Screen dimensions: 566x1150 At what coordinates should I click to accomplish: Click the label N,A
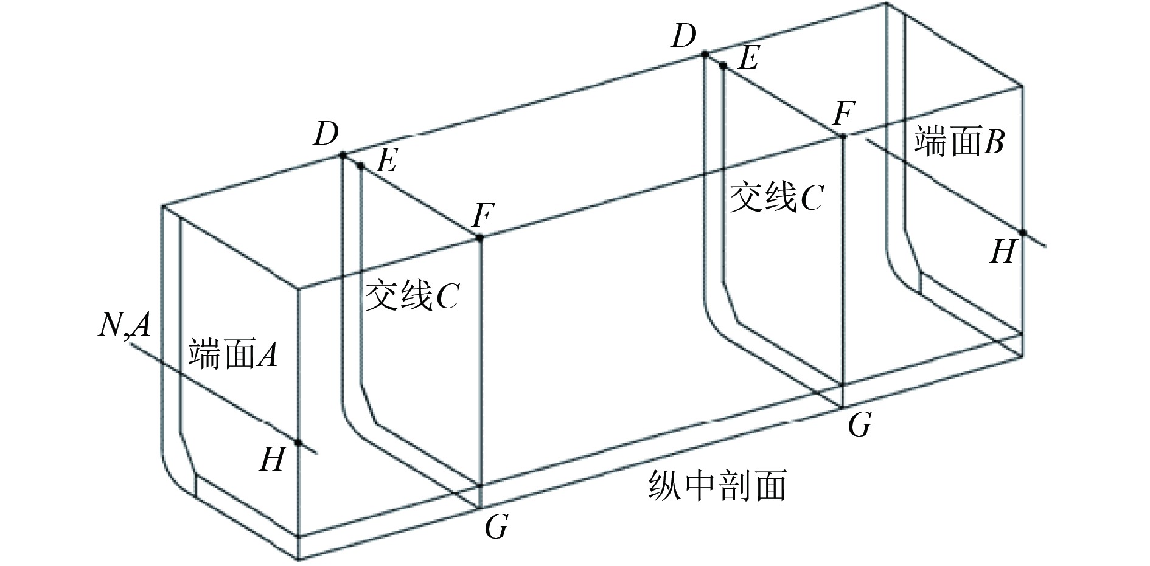pos(124,326)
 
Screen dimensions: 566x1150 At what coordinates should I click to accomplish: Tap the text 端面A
pos(233,354)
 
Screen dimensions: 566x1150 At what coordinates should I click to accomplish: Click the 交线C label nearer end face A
pos(411,296)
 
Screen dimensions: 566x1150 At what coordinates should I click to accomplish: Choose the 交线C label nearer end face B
pos(776,198)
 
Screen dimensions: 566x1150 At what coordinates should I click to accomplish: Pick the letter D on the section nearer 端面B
pos(684,36)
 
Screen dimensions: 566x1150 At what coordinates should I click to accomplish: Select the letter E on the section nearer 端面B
pos(748,60)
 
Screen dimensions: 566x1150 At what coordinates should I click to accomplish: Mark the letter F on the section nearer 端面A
pos(484,215)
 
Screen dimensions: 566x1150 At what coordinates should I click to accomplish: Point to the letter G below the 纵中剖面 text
pos(497,526)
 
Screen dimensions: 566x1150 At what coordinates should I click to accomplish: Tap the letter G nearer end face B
pos(860,425)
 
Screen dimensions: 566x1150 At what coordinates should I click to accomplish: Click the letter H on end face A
pos(272,460)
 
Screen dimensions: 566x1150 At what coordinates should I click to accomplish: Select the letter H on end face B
pos(1003,251)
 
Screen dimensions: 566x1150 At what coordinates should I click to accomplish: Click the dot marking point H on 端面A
pos(299,442)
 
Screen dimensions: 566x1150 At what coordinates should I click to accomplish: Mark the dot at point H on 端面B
pos(1023,233)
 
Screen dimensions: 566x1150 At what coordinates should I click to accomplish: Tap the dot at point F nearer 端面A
pos(479,238)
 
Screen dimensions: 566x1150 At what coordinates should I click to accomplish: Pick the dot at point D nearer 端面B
pos(705,54)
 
